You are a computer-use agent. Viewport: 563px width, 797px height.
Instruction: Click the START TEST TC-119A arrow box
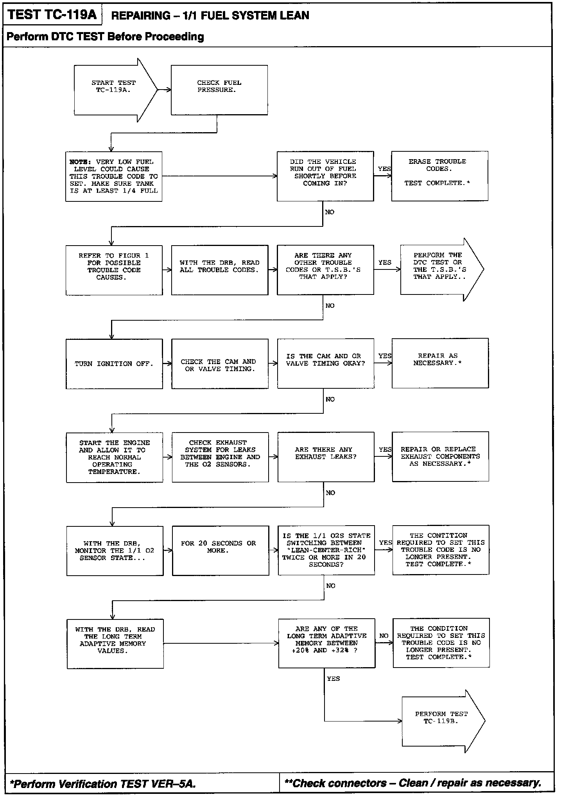point(113,90)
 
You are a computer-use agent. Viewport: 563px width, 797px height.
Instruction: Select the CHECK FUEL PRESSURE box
point(219,90)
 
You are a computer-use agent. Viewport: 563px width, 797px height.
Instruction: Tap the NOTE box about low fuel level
point(114,176)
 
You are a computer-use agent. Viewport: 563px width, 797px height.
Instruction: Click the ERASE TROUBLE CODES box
point(440,176)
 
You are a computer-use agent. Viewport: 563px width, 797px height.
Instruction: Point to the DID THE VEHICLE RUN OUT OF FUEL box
point(325,176)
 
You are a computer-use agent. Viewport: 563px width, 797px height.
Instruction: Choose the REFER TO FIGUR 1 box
point(114,270)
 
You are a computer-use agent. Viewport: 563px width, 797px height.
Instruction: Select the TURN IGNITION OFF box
point(114,364)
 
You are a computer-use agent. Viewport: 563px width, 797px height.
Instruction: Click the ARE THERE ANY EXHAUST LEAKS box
point(326,457)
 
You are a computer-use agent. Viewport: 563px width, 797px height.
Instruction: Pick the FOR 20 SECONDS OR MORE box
point(221,550)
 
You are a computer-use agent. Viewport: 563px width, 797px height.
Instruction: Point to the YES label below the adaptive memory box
point(333,679)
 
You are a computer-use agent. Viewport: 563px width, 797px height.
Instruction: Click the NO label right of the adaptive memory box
point(384,636)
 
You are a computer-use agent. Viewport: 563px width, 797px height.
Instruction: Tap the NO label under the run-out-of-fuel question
point(330,212)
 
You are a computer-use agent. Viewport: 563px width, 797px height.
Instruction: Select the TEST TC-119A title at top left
point(52,15)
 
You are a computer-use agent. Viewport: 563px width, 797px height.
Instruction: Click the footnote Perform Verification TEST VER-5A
point(103,784)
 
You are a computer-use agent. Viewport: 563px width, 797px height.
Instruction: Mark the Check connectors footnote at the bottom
point(413,783)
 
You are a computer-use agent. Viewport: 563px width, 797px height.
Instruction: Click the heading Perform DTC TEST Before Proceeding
point(106,37)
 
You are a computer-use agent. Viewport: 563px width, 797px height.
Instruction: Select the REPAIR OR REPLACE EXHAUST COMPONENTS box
point(441,456)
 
